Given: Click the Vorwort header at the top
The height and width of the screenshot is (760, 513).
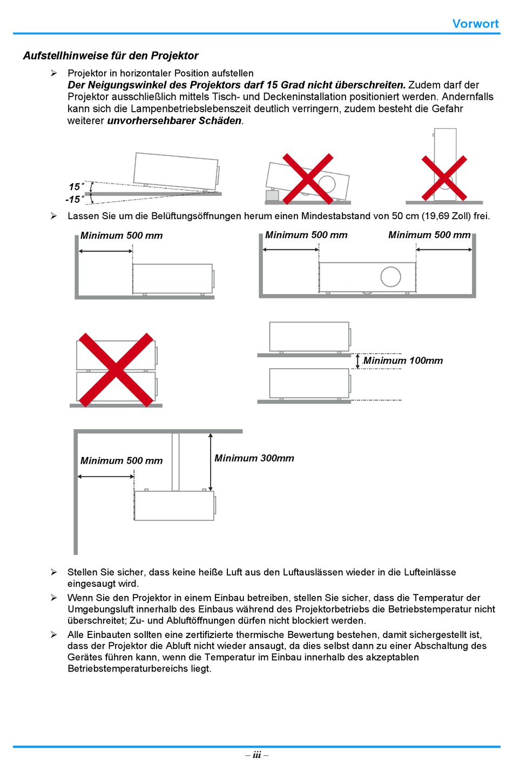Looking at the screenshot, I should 475,24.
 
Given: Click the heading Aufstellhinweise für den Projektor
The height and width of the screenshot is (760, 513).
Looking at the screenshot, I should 111,56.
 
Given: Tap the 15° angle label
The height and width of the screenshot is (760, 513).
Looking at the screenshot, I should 76,187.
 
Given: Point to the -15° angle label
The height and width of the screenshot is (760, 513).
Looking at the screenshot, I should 75,200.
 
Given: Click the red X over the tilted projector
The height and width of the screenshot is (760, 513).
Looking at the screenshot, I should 308,179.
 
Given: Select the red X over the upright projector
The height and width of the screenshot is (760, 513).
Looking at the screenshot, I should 444,179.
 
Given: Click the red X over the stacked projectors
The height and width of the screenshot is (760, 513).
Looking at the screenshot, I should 116,370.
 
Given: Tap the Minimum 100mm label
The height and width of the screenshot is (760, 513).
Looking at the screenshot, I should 403,361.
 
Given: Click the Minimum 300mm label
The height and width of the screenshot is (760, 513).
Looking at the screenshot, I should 254,458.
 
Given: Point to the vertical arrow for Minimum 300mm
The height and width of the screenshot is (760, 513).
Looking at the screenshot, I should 211,462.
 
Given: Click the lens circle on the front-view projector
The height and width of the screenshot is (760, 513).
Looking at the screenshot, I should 390,277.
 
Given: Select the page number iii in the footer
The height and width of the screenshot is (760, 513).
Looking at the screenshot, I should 256,755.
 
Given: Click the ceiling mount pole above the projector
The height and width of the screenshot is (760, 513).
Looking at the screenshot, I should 175,462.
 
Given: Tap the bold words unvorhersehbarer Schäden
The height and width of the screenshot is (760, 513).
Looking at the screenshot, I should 174,121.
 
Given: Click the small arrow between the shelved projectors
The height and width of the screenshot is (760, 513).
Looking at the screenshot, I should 357,361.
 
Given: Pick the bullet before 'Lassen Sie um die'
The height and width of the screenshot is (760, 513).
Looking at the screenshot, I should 54,216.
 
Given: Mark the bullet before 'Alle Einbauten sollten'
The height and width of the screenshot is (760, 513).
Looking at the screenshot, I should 54,635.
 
